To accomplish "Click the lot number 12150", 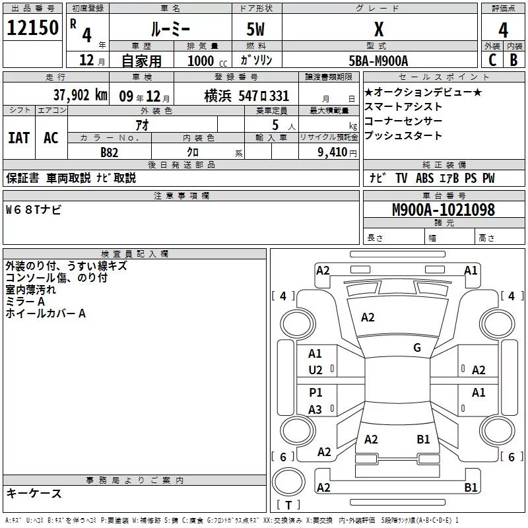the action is (x=32, y=28).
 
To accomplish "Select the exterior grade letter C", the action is (x=492, y=59).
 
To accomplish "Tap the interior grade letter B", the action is (x=513, y=59).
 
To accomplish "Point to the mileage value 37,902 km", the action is (x=80, y=95).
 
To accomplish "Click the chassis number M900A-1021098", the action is (x=443, y=210).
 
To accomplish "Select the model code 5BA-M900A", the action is (x=379, y=61).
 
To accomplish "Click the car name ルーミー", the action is (x=170, y=30).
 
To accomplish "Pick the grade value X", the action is (x=379, y=30).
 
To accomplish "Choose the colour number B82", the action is (x=110, y=152).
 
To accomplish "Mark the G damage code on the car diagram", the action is (x=416, y=348).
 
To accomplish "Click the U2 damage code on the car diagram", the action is (x=315, y=370).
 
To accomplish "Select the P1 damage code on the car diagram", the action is (x=315, y=393).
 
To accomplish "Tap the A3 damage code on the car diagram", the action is (x=315, y=410).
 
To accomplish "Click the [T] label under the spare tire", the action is (x=288, y=505).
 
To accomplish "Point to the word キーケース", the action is (x=34, y=494).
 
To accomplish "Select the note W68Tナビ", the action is (x=34, y=210).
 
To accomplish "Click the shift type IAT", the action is (x=19, y=137).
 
